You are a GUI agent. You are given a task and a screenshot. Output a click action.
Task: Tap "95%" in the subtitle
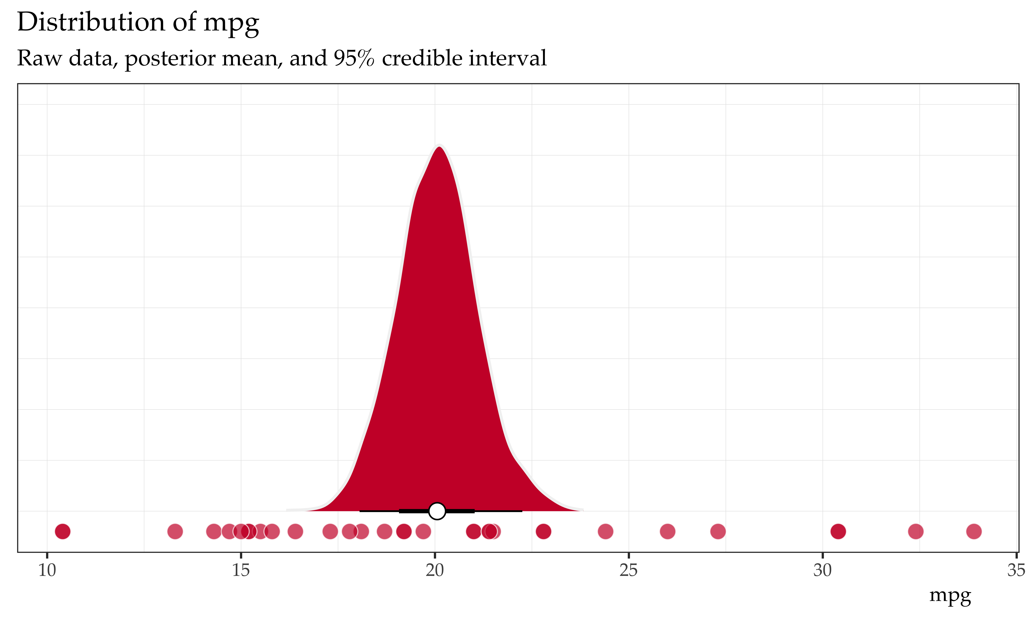point(353,58)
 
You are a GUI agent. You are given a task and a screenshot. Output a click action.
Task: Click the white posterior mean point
point(437,511)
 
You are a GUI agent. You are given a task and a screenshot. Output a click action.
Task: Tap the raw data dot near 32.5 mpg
point(916,531)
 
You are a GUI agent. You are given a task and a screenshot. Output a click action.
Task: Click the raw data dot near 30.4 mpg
point(838,531)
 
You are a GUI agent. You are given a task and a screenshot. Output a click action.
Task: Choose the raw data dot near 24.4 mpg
point(606,531)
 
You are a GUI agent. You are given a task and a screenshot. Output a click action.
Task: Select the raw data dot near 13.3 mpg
point(175,531)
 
